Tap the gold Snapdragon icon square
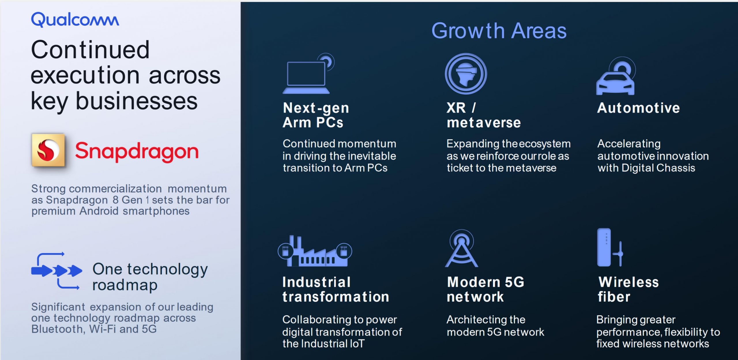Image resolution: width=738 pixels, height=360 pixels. click(x=48, y=150)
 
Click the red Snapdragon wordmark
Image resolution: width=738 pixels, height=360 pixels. click(x=137, y=152)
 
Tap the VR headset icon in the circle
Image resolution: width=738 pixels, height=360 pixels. click(x=466, y=73)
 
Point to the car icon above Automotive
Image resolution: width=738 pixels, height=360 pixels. click(x=615, y=76)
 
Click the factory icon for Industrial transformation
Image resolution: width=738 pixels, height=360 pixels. click(x=315, y=251)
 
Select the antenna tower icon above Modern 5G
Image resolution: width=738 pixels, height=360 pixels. click(x=462, y=248)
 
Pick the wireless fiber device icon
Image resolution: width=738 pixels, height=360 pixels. click(x=610, y=247)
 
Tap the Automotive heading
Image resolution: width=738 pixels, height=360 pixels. click(x=639, y=108)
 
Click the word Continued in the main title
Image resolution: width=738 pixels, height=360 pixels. click(x=90, y=50)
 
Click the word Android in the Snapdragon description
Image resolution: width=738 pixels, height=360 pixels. click(x=99, y=211)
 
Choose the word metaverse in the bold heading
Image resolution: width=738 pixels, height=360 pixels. click(x=484, y=123)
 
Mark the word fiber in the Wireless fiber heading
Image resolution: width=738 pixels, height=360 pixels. click(x=614, y=297)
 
